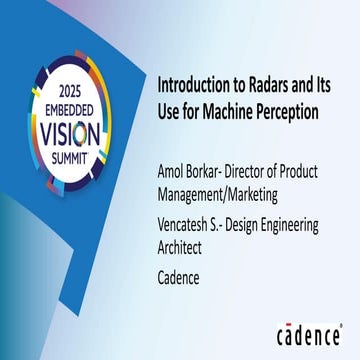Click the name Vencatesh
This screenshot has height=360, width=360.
coord(190,226)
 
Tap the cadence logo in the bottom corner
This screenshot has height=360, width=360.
coord(309,332)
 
